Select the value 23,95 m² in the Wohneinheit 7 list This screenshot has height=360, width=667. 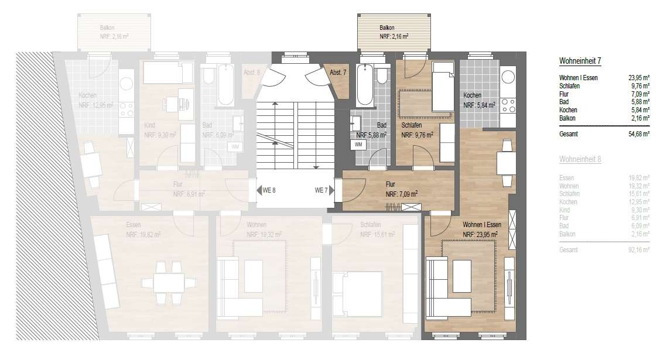tap(637, 77)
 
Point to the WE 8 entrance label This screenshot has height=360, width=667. tap(269, 190)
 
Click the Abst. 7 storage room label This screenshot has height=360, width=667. tap(338, 72)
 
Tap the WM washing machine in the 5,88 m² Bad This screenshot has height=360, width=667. tap(358, 144)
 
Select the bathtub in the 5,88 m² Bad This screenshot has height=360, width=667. tap(364, 85)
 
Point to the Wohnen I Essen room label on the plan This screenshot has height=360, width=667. tap(481, 229)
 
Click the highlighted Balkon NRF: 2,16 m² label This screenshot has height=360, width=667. tap(393, 32)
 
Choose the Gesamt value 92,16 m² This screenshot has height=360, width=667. tap(637, 250)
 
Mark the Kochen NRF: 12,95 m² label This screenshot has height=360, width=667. tap(95, 101)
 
